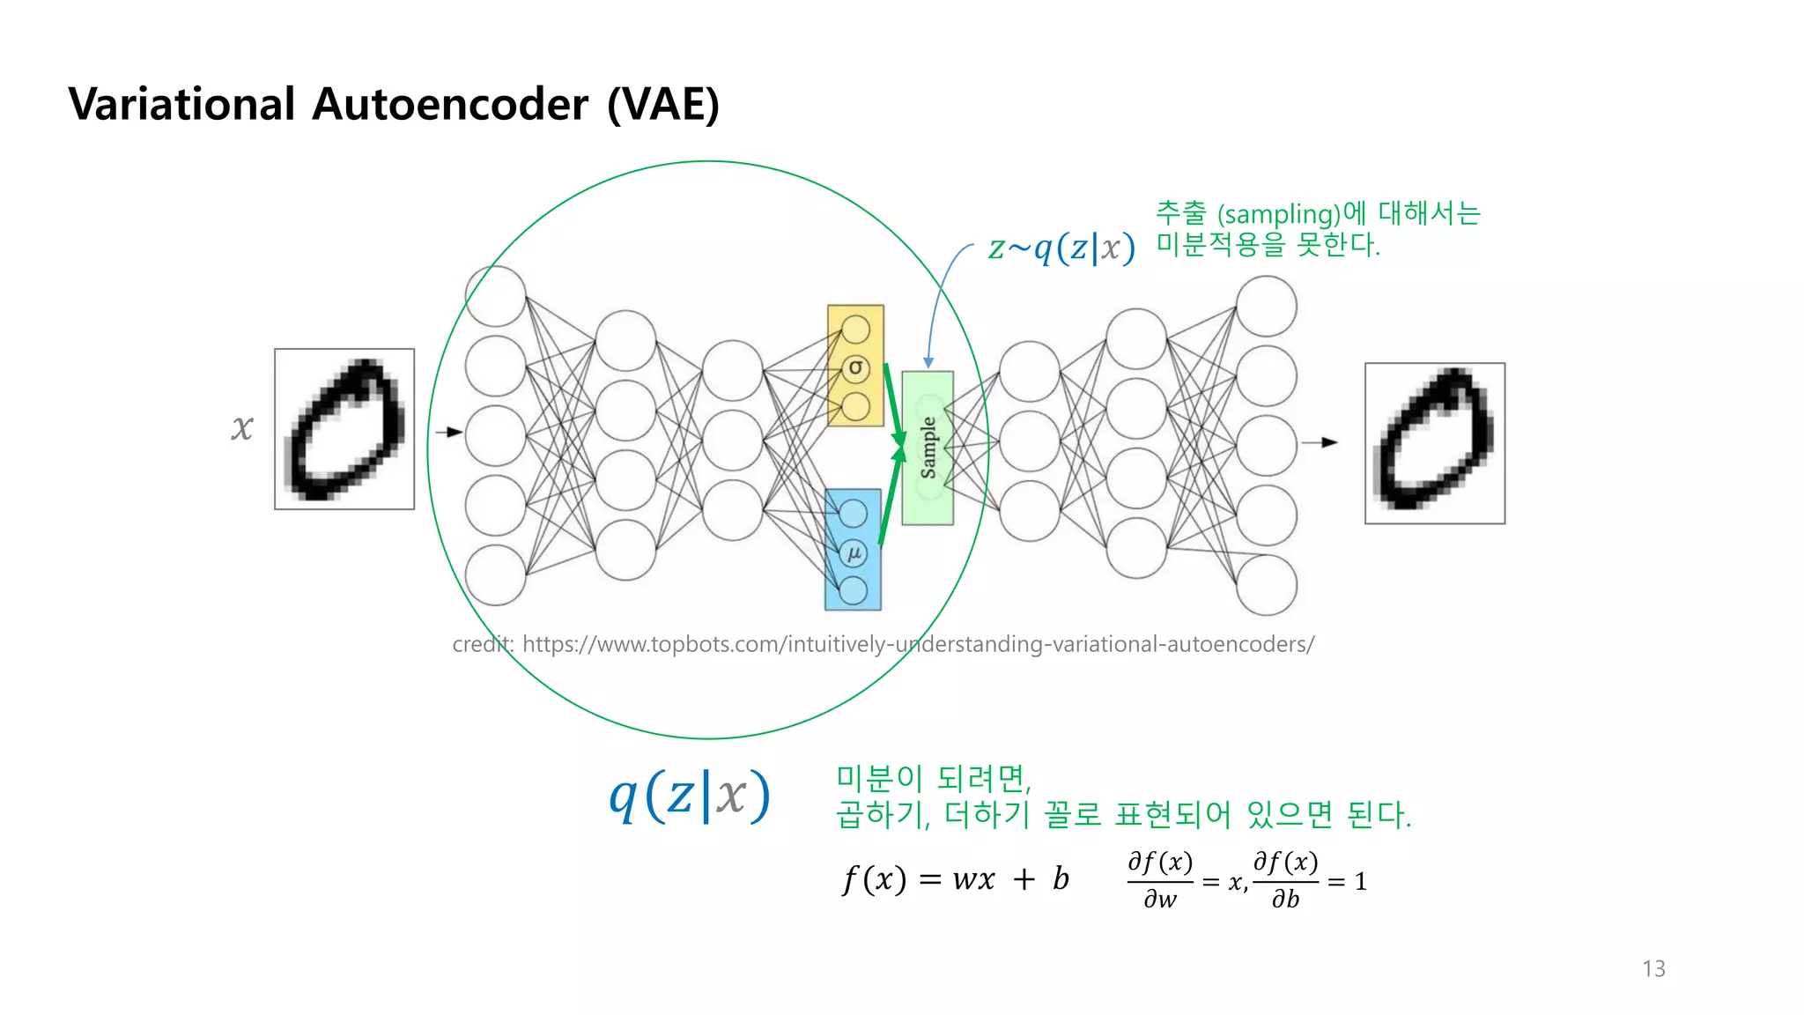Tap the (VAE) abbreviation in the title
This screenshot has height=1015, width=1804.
tap(662, 104)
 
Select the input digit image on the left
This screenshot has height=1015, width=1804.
tap(344, 429)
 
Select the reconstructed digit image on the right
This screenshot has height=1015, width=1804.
tap(1434, 443)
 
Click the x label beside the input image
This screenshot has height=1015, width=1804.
tap(242, 428)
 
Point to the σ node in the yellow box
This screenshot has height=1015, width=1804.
tap(855, 367)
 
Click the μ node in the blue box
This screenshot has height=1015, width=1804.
tap(854, 553)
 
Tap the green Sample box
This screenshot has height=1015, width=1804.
tap(928, 448)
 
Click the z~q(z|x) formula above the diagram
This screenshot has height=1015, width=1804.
tap(1061, 248)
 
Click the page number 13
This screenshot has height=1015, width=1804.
tap(1653, 968)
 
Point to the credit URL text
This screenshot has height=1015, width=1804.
tap(883, 644)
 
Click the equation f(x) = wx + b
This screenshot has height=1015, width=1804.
tap(956, 878)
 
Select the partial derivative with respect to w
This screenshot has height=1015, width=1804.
tap(1160, 879)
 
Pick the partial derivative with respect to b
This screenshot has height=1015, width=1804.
tap(1285, 879)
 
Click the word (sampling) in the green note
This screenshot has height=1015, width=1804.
tap(1279, 214)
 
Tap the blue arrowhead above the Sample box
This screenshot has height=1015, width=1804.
tap(928, 362)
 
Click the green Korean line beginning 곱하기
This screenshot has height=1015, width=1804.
tap(1123, 814)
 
